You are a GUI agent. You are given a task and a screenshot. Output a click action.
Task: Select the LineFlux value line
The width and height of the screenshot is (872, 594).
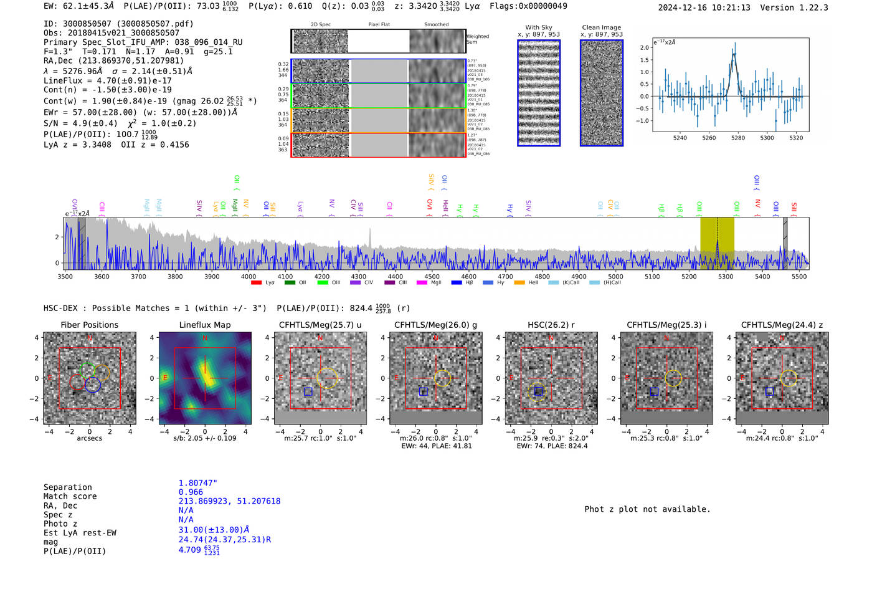point(107,80)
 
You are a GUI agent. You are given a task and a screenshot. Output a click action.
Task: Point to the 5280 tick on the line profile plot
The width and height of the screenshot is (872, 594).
point(738,137)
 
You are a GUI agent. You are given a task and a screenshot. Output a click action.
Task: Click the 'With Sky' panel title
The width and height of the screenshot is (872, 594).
point(539,27)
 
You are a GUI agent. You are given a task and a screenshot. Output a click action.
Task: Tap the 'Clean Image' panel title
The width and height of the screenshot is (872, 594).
point(601,27)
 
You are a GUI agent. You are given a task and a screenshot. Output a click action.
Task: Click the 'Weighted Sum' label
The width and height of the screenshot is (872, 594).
point(478,39)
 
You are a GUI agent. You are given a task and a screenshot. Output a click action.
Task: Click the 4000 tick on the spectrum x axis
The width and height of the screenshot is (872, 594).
point(249,277)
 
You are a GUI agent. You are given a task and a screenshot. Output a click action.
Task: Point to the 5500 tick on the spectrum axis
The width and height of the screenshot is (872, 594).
point(799,277)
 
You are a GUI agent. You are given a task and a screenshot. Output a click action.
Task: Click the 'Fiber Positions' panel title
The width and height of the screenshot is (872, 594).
point(89,325)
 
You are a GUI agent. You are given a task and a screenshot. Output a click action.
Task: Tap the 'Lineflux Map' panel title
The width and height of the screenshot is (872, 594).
point(204,325)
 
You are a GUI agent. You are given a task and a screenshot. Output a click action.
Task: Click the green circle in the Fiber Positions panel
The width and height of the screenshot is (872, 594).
point(87,370)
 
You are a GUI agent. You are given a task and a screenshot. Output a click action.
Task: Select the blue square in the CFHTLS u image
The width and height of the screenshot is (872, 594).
point(308,391)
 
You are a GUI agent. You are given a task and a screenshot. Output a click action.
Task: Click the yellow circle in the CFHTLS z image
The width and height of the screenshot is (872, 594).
point(789,378)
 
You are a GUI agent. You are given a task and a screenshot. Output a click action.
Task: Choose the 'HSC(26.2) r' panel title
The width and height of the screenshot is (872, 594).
point(551,325)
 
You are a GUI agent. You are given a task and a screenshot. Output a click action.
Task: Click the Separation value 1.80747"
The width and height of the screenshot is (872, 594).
point(197,483)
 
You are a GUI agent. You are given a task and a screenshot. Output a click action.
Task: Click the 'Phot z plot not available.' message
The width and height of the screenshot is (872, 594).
point(647,509)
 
